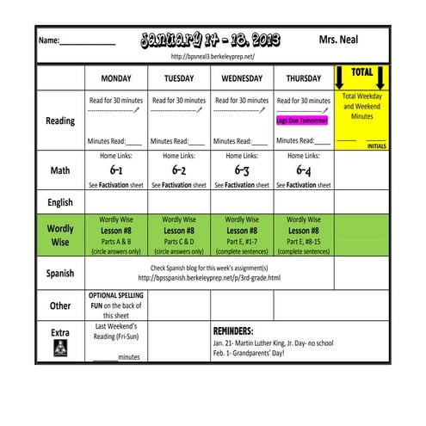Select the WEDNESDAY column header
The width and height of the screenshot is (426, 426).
pyautogui.click(x=241, y=78)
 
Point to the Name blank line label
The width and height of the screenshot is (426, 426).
pyautogui.click(x=49, y=40)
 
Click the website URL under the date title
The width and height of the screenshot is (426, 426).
pyautogui.click(x=213, y=57)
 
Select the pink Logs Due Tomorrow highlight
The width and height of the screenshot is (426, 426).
pyautogui.click(x=302, y=120)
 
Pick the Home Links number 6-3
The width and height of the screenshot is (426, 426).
pyautogui.click(x=242, y=170)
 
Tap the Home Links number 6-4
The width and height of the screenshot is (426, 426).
pyautogui.click(x=303, y=170)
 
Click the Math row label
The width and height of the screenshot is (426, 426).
pyautogui.click(x=59, y=170)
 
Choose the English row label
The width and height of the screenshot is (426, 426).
pyautogui.click(x=59, y=201)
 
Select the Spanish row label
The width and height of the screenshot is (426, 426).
pyautogui.click(x=59, y=274)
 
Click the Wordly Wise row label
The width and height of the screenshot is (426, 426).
pyautogui.click(x=59, y=236)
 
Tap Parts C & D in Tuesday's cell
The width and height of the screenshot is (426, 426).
pyautogui.click(x=178, y=242)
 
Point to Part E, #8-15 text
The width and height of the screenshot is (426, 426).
pyautogui.click(x=303, y=242)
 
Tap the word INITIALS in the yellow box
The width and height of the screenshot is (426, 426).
pyautogui.click(x=376, y=146)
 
